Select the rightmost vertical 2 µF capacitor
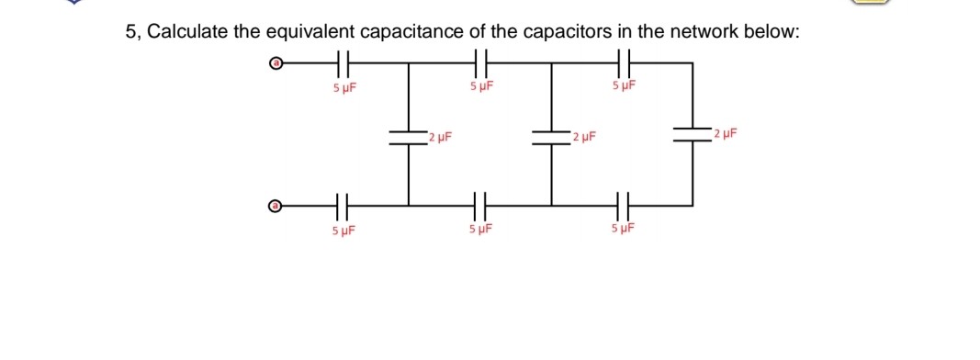692,134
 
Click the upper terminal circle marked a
274,65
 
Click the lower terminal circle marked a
274,206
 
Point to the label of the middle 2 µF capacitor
583,138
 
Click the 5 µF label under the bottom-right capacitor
622,229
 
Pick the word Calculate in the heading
187,32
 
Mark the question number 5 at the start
130,32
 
